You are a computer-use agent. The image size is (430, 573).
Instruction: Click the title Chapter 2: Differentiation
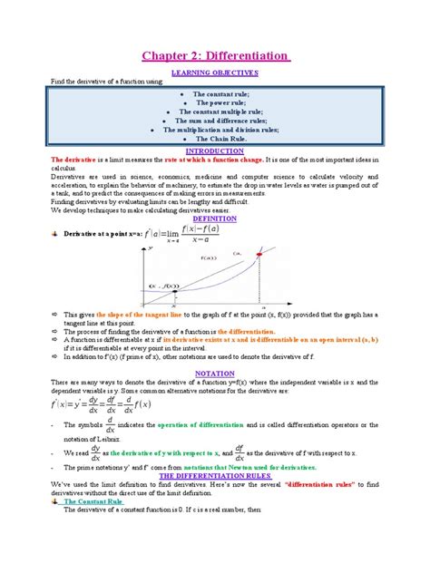click(x=214, y=57)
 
